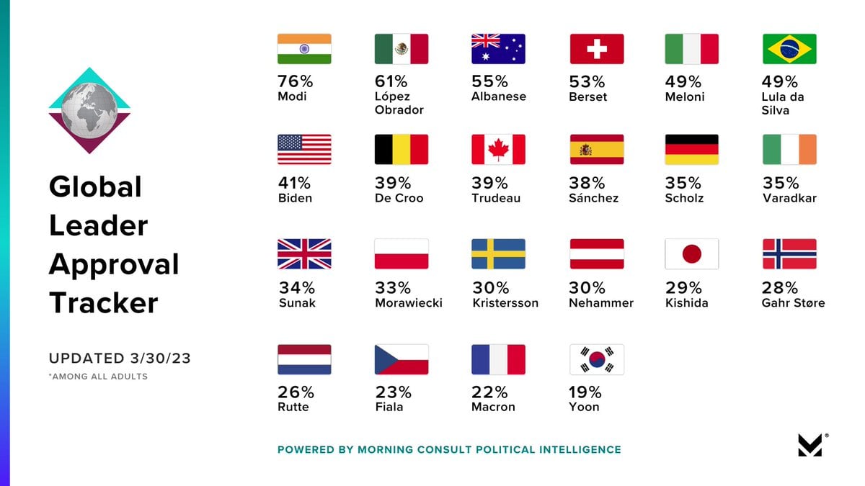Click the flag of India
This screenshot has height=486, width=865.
tap(304, 49)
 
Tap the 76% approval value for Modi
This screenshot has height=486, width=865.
tap(296, 81)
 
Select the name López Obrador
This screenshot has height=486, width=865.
tap(399, 103)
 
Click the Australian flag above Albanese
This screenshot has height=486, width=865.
tap(498, 49)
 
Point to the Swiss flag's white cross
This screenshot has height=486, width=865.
tap(597, 49)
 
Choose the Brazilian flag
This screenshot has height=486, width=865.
tap(789, 49)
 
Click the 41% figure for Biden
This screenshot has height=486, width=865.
tap(296, 183)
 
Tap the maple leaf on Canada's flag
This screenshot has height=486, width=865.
tap(498, 150)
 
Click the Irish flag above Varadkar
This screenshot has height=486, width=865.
tap(789, 150)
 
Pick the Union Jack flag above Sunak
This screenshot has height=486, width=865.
tap(304, 254)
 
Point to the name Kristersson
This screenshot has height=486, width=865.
tap(505, 303)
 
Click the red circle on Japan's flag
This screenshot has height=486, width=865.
tap(692, 254)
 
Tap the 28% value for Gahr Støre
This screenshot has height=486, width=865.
tap(781, 288)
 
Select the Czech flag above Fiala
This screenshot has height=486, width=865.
tap(402, 359)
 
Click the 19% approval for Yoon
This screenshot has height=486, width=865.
tap(585, 392)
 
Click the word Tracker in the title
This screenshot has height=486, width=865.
tap(103, 302)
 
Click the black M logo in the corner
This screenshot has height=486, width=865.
tap(810, 445)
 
